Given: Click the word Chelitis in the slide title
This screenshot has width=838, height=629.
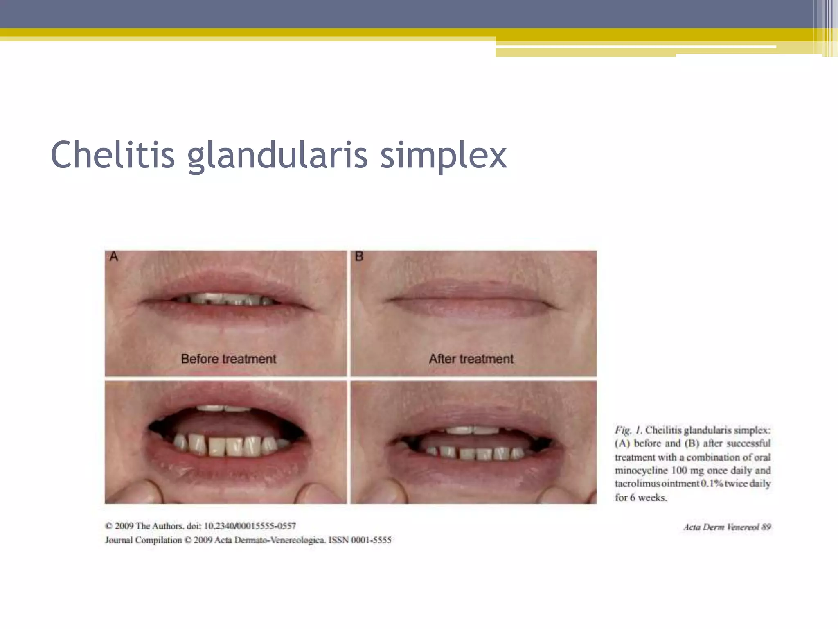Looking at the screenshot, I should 113,155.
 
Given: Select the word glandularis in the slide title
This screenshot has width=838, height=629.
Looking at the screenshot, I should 277,156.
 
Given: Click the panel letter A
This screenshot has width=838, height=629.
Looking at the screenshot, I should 114,257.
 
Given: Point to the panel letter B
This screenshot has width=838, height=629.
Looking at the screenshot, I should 359,257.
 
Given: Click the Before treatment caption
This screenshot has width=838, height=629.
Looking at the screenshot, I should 228,359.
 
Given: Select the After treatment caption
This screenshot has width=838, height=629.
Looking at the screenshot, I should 471,359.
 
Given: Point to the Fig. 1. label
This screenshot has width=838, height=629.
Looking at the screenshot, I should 628,430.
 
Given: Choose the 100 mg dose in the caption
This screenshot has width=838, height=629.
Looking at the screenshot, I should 687,471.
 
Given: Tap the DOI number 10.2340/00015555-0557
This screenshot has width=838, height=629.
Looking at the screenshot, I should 250,526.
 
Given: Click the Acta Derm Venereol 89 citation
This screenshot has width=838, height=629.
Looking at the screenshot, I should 727,527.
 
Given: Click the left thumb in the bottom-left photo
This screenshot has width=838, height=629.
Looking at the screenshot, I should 139,491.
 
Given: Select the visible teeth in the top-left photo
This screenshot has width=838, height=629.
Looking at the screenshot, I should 225,299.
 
